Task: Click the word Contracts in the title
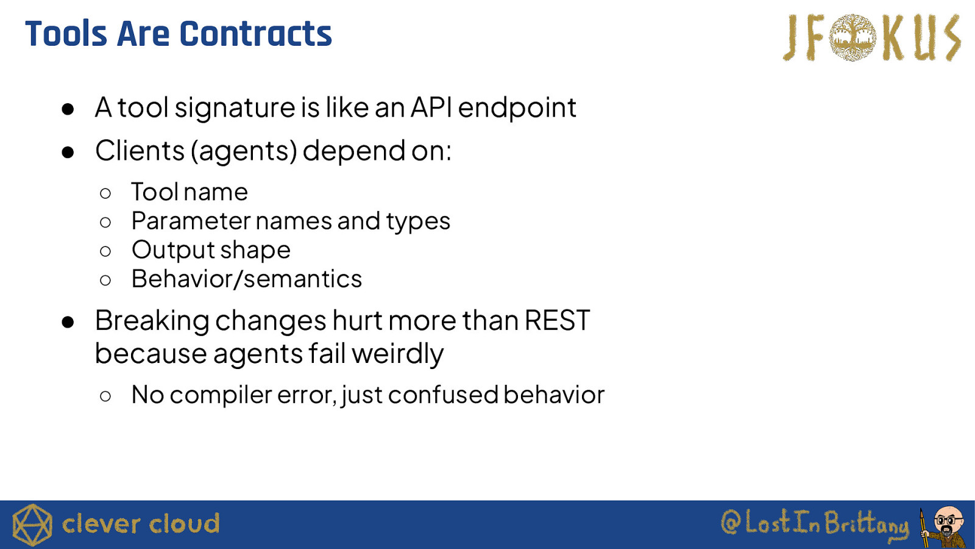tap(255, 34)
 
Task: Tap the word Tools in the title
tap(66, 34)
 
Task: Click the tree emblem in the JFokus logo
tap(853, 37)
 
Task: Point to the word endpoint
tap(517, 107)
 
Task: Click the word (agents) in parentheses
tap(244, 151)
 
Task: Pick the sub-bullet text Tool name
tap(190, 192)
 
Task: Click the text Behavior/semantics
tap(246, 278)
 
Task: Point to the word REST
tap(557, 320)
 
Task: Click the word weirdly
tap(397, 354)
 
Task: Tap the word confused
tap(442, 395)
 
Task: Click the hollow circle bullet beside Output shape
tap(105, 251)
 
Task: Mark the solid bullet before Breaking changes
tap(68, 322)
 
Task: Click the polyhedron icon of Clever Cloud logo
tap(32, 525)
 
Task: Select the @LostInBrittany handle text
tap(815, 523)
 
